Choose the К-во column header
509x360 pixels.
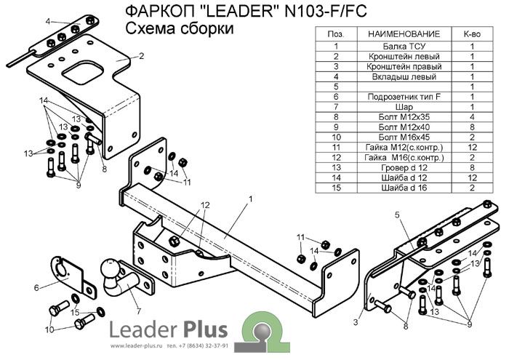coord(472,34)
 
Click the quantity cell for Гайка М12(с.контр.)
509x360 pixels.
coord(472,147)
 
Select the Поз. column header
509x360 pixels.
coord(337,34)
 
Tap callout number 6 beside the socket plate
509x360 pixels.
coord(35,288)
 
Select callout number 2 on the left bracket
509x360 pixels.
coord(141,55)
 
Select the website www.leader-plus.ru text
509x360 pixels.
coord(137,345)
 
